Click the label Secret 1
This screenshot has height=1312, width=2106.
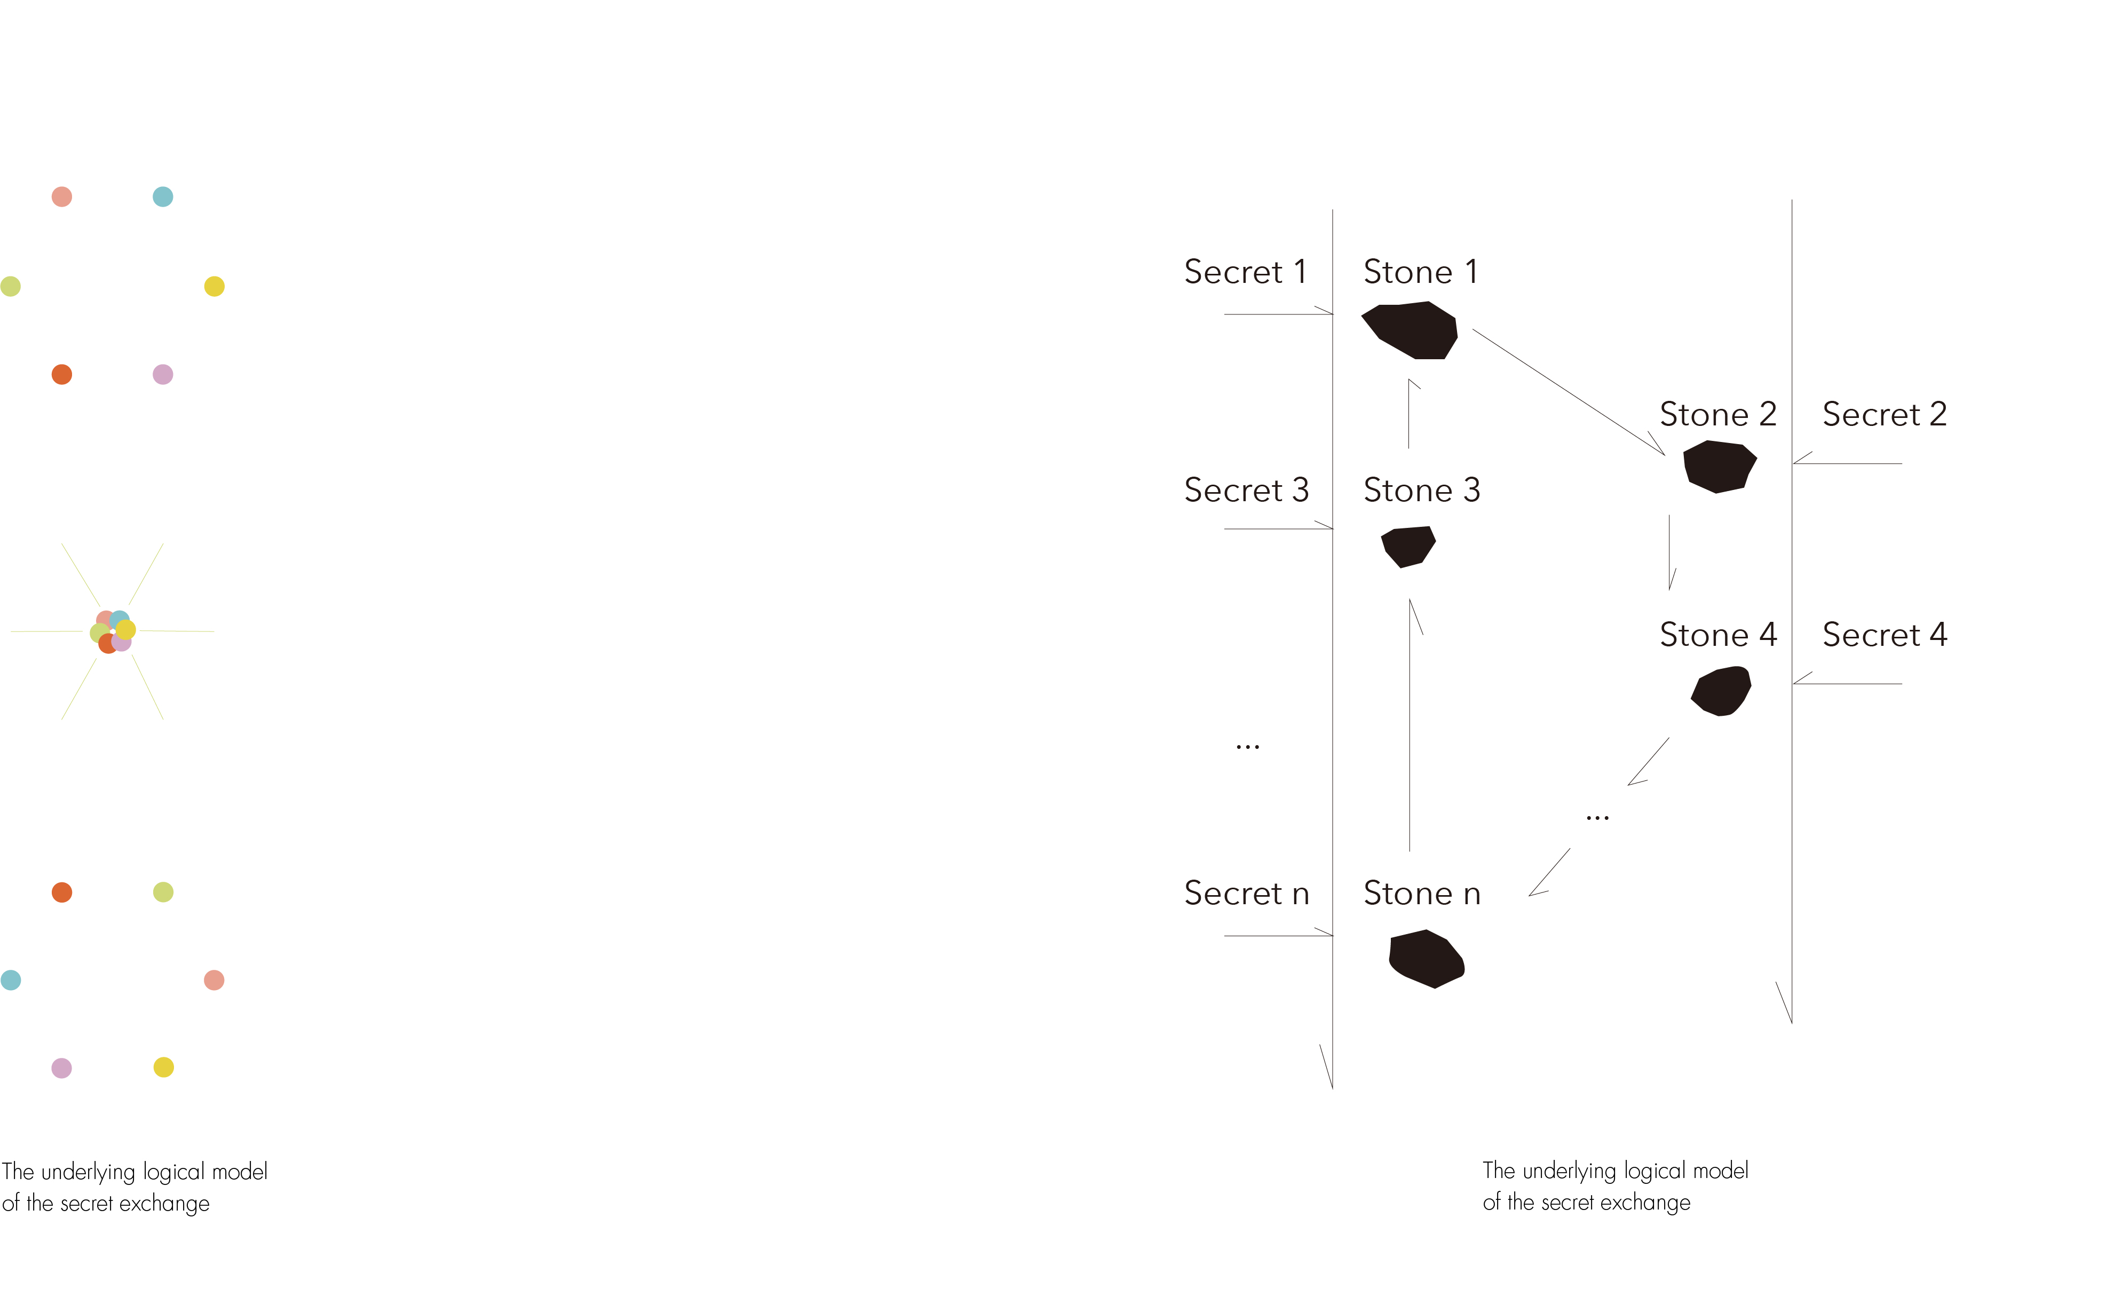click(1245, 272)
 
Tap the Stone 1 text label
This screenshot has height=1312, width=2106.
click(1420, 272)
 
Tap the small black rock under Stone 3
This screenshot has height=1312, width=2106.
click(1408, 546)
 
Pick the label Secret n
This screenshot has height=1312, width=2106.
click(1246, 894)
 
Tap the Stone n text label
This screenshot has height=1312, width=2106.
click(1421, 894)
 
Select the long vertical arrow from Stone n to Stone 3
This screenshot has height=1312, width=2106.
click(1410, 729)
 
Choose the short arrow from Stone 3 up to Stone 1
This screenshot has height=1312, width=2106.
click(1408, 415)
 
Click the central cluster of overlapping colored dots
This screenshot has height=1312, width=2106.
click(113, 631)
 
